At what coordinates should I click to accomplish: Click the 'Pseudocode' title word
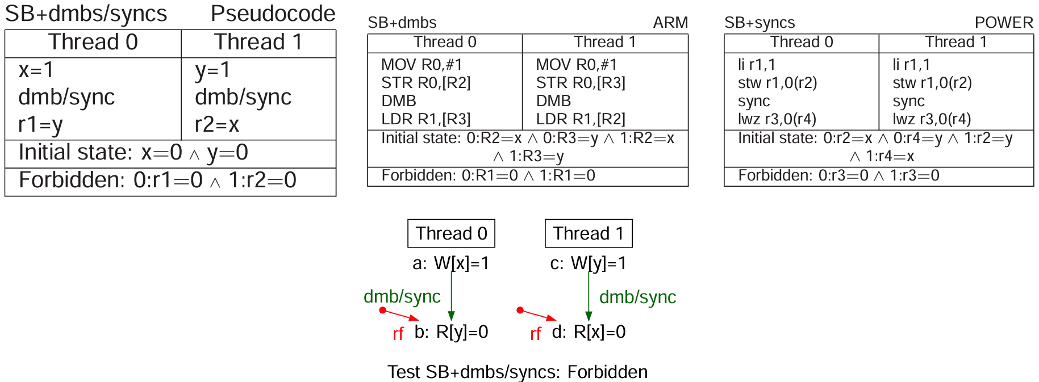pyautogui.click(x=273, y=14)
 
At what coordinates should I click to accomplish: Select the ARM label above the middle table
pyautogui.click(x=670, y=23)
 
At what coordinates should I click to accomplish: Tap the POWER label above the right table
pyautogui.click(x=1004, y=23)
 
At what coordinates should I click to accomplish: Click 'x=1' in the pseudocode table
pyautogui.click(x=36, y=70)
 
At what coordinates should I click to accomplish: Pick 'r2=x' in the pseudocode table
pyautogui.click(x=217, y=124)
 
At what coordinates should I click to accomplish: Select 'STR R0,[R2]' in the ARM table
pyautogui.click(x=426, y=83)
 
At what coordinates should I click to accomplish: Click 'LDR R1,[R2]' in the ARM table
pyautogui.click(x=581, y=119)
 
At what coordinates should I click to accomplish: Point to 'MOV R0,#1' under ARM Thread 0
pyautogui.click(x=422, y=65)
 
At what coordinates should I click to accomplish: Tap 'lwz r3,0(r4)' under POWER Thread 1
pyautogui.click(x=932, y=119)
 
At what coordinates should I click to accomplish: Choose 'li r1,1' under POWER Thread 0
pyautogui.click(x=757, y=65)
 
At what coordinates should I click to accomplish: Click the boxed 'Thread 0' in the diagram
pyautogui.click(x=451, y=233)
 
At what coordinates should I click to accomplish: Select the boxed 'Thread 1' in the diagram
pyautogui.click(x=589, y=233)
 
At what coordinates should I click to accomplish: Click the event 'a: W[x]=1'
pyautogui.click(x=451, y=263)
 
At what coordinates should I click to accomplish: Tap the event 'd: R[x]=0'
pyautogui.click(x=589, y=332)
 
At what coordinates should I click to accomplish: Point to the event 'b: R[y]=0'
pyautogui.click(x=451, y=332)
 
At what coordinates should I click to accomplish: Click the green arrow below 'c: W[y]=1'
pyautogui.click(x=589, y=295)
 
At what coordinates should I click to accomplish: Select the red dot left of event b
pyautogui.click(x=383, y=310)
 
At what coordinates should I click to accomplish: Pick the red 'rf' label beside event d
pyautogui.click(x=535, y=334)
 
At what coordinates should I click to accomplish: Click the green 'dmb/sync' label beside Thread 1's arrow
pyautogui.click(x=637, y=297)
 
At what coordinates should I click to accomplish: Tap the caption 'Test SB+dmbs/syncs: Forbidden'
pyautogui.click(x=518, y=372)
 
